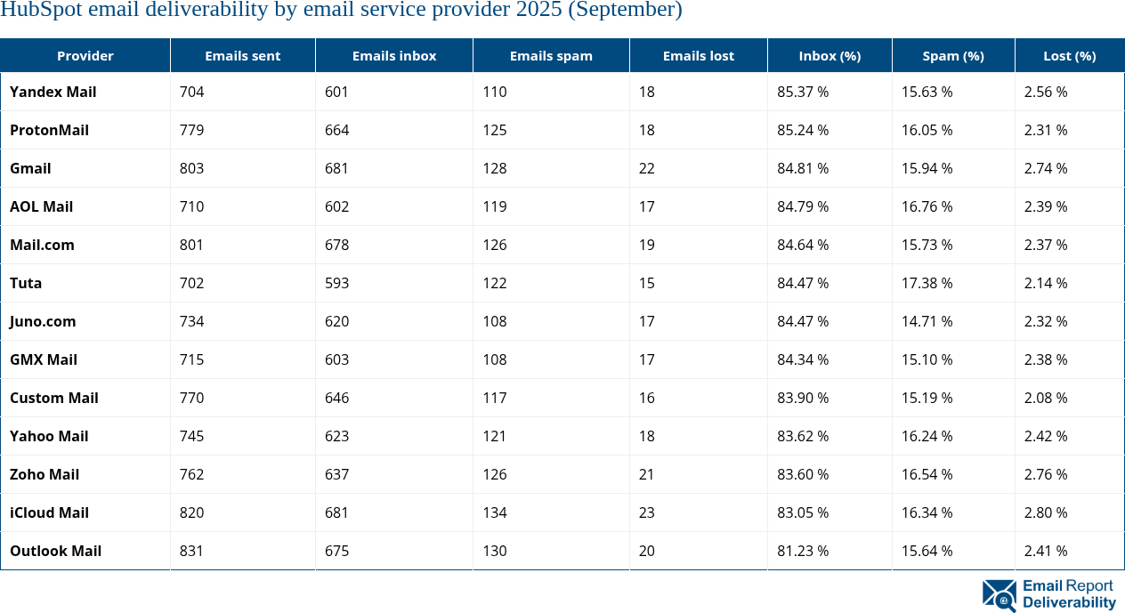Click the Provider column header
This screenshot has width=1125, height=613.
pyautogui.click(x=85, y=55)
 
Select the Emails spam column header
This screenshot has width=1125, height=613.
pyautogui.click(x=551, y=55)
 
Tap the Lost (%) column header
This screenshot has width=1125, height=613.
pyautogui.click(x=1069, y=55)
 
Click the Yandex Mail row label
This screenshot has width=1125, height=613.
pyautogui.click(x=53, y=92)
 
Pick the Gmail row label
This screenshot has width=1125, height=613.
pyautogui.click(x=30, y=168)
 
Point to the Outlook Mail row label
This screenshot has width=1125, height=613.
pyautogui.click(x=56, y=551)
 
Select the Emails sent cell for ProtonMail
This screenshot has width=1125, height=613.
pyautogui.click(x=192, y=130)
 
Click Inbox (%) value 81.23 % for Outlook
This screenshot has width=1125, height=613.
pyautogui.click(x=803, y=551)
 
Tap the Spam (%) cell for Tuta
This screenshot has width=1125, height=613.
pyautogui.click(x=927, y=283)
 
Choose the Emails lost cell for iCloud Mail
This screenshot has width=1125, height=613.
pyautogui.click(x=647, y=512)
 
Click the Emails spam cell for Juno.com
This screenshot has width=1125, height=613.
pyautogui.click(x=495, y=321)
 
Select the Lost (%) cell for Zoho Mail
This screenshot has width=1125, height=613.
pyautogui.click(x=1046, y=474)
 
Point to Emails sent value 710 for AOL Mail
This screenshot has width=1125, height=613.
pyautogui.click(x=192, y=206)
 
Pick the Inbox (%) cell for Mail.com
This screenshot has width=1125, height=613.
pyautogui.click(x=803, y=245)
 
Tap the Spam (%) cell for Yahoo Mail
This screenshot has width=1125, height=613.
pyautogui.click(x=927, y=436)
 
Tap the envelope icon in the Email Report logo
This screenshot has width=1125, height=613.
pyautogui.click(x=999, y=595)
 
